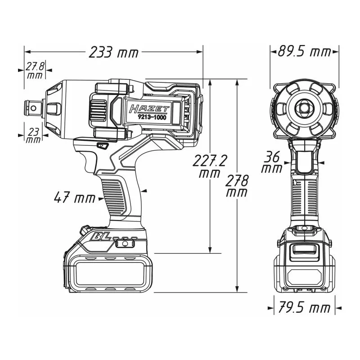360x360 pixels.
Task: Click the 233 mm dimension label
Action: pos(113,52)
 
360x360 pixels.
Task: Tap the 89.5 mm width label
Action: pos(304,52)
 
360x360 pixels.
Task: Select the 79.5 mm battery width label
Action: pos(305,308)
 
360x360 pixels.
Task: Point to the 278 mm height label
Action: pos(238,186)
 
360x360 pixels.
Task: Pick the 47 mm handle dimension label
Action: pos(75,198)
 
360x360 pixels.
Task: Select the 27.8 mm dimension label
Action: pos(35,70)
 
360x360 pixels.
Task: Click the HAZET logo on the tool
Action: pos(149,109)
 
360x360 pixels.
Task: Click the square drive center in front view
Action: pos(304,108)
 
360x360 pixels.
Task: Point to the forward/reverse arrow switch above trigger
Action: pos(103,146)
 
